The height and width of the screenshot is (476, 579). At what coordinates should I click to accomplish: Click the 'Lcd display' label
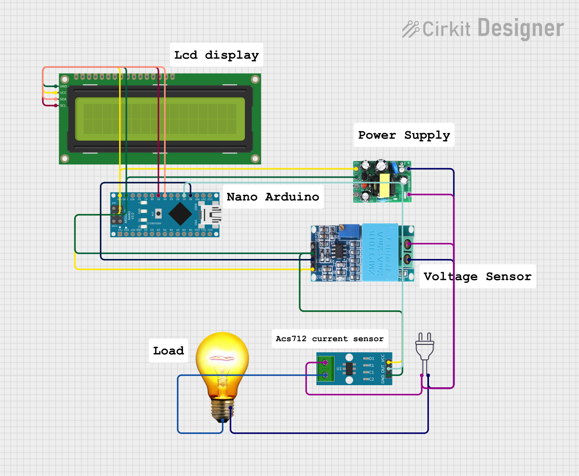(x=216, y=55)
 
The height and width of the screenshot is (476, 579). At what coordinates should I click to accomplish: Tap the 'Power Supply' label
(x=404, y=135)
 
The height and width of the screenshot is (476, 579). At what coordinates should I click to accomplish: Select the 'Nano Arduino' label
(x=272, y=197)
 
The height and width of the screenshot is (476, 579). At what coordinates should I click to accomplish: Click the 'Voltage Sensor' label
(x=477, y=276)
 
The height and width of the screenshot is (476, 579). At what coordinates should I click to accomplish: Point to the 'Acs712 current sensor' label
(x=330, y=339)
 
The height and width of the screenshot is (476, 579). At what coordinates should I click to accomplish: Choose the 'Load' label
(x=168, y=351)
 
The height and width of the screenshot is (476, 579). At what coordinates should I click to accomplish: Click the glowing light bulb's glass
(x=222, y=362)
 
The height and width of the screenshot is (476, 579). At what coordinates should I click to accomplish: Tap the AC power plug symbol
(x=424, y=347)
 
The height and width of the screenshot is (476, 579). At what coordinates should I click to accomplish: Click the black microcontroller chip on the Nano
(x=180, y=214)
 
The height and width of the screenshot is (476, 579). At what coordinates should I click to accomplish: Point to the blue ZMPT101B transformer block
(x=380, y=252)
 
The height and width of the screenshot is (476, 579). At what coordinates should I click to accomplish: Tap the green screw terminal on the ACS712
(x=325, y=369)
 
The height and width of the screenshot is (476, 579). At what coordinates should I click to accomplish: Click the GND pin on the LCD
(x=56, y=86)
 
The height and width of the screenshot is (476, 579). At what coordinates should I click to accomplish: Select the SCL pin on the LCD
(x=56, y=106)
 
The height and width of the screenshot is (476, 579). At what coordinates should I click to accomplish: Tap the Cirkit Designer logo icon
(x=411, y=29)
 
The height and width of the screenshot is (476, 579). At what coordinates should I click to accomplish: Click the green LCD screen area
(x=160, y=119)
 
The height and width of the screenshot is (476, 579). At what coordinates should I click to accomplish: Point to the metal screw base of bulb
(x=222, y=409)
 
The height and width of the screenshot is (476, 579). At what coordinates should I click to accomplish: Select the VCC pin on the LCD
(x=56, y=93)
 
